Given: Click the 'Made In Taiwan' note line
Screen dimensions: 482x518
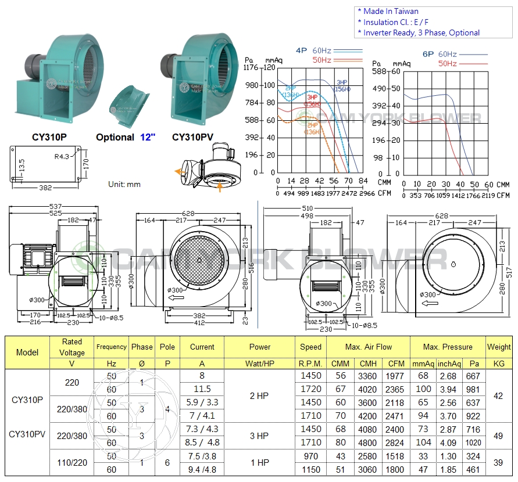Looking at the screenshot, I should (x=388, y=11).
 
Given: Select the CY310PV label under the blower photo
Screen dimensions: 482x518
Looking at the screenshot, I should (x=192, y=137).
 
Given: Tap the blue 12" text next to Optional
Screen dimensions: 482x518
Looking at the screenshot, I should (x=148, y=137).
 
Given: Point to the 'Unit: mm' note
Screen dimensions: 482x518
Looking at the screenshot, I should (x=124, y=184).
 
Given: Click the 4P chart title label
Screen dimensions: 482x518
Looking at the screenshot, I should (x=301, y=51).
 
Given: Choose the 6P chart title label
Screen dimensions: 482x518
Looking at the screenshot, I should (x=428, y=53).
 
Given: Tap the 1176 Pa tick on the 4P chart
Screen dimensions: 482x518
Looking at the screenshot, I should (x=251, y=68).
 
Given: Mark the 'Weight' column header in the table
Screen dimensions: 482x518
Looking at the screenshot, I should (x=499, y=347).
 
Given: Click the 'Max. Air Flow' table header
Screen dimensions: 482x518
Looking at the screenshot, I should (x=368, y=347).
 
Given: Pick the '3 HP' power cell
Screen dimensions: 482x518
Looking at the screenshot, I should (x=259, y=436).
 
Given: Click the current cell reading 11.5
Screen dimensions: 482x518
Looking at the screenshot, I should (x=202, y=389).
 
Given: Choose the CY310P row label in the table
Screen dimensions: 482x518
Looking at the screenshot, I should (x=27, y=400).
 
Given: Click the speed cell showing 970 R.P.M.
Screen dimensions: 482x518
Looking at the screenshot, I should (x=310, y=457).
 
